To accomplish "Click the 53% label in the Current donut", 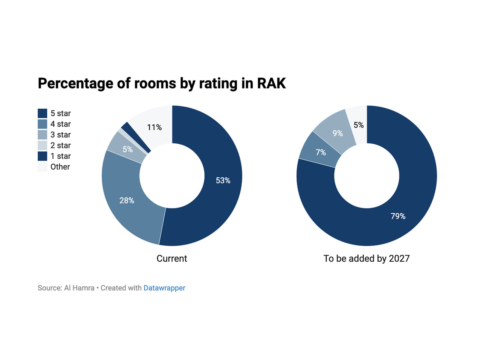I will coord(223,180).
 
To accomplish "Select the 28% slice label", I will coord(127,200).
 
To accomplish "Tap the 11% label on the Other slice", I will coord(154,127).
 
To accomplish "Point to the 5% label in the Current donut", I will coord(127,149).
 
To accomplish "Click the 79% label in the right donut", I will coord(398,216).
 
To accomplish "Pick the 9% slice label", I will coord(337,133).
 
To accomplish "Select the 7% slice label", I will coord(320,152).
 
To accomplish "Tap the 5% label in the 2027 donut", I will coord(358,125).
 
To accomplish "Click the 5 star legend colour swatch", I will coord(42,113).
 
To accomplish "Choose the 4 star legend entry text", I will coord(60,124).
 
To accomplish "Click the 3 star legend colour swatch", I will coord(42,135).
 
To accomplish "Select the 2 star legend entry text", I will coord(60,145).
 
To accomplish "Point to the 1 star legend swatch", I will coord(42,156).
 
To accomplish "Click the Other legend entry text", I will coord(60,167).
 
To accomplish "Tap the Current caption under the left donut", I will coord(172,259).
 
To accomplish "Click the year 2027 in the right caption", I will coord(399,259).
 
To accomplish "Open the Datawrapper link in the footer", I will coord(164,288).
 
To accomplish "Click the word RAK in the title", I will coord(271,83).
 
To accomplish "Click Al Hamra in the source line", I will coord(79,288).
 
